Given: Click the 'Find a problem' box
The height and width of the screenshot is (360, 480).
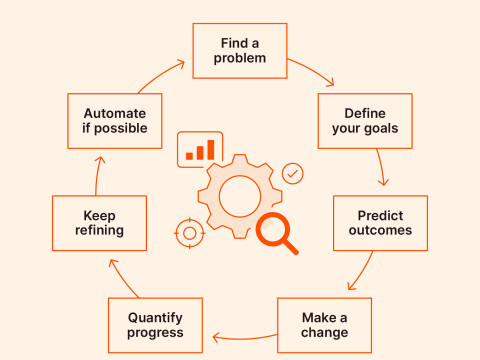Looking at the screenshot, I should [x=240, y=51].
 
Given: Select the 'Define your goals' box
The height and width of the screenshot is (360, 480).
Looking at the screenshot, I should [x=365, y=121].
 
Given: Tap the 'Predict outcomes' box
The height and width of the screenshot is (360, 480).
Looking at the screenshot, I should [x=380, y=222].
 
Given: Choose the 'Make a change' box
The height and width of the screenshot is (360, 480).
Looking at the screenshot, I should [x=325, y=325].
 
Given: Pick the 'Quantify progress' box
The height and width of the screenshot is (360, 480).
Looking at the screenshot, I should [x=155, y=325].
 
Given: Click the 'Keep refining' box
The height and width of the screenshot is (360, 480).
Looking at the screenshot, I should [x=99, y=222].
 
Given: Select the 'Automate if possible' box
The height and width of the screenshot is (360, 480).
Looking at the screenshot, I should [x=115, y=121].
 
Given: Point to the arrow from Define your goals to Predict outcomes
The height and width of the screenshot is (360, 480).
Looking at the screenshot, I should [x=383, y=168].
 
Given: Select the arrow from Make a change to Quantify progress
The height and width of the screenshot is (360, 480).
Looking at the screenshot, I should [x=240, y=336].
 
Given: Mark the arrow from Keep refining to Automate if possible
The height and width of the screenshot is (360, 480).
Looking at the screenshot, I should [x=97, y=172].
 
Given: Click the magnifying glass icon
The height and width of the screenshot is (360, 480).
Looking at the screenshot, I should [x=274, y=233].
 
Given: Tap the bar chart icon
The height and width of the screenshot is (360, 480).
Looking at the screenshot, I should [x=200, y=149].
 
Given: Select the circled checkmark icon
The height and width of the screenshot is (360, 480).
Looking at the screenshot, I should [x=293, y=173].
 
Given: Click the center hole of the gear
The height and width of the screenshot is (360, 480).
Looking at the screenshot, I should [x=239, y=195].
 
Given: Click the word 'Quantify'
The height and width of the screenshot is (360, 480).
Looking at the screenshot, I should [x=155, y=317].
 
